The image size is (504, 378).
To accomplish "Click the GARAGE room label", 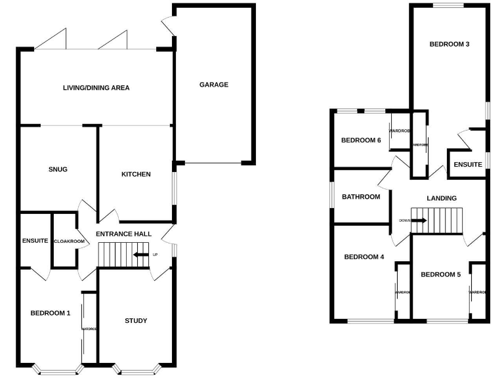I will (x=214, y=85).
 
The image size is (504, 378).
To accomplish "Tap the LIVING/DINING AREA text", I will (x=96, y=87).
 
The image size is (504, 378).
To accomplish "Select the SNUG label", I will (x=58, y=169).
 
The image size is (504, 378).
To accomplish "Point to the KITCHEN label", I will (x=136, y=175).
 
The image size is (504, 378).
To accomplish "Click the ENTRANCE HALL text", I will (x=124, y=234).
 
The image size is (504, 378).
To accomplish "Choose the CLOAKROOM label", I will (x=69, y=241).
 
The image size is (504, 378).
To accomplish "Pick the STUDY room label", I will (x=136, y=320).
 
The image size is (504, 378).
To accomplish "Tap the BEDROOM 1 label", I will (x=50, y=313).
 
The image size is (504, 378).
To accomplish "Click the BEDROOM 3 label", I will (x=449, y=45).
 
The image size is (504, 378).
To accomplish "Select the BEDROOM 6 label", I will (x=361, y=140).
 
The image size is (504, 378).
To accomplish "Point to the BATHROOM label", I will (x=361, y=197).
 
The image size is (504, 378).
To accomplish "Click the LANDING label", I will (x=441, y=198).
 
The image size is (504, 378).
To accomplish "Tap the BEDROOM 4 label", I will (x=364, y=257).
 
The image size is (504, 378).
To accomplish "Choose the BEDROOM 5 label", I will (x=440, y=274).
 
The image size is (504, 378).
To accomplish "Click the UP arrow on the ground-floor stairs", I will (x=140, y=255).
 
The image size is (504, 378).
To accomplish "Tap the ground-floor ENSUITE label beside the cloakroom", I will (x=35, y=241).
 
